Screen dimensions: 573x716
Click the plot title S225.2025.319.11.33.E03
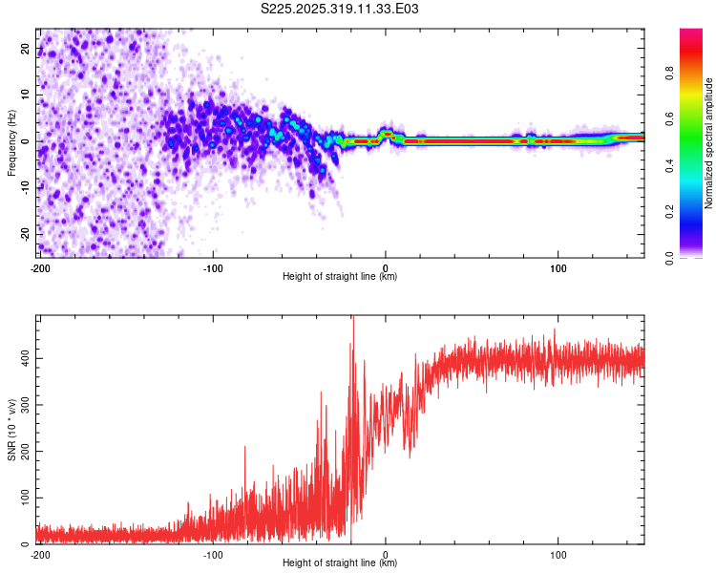click(x=341, y=9)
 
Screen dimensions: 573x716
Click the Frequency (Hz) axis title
click(x=12, y=142)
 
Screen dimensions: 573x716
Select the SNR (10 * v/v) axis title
click(x=12, y=429)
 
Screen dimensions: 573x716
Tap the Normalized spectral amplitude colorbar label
click(x=709, y=143)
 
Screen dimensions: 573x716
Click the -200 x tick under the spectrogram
click(x=40, y=267)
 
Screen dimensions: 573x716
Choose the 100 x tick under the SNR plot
click(x=558, y=554)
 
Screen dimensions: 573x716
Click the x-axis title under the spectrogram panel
click(x=340, y=277)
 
